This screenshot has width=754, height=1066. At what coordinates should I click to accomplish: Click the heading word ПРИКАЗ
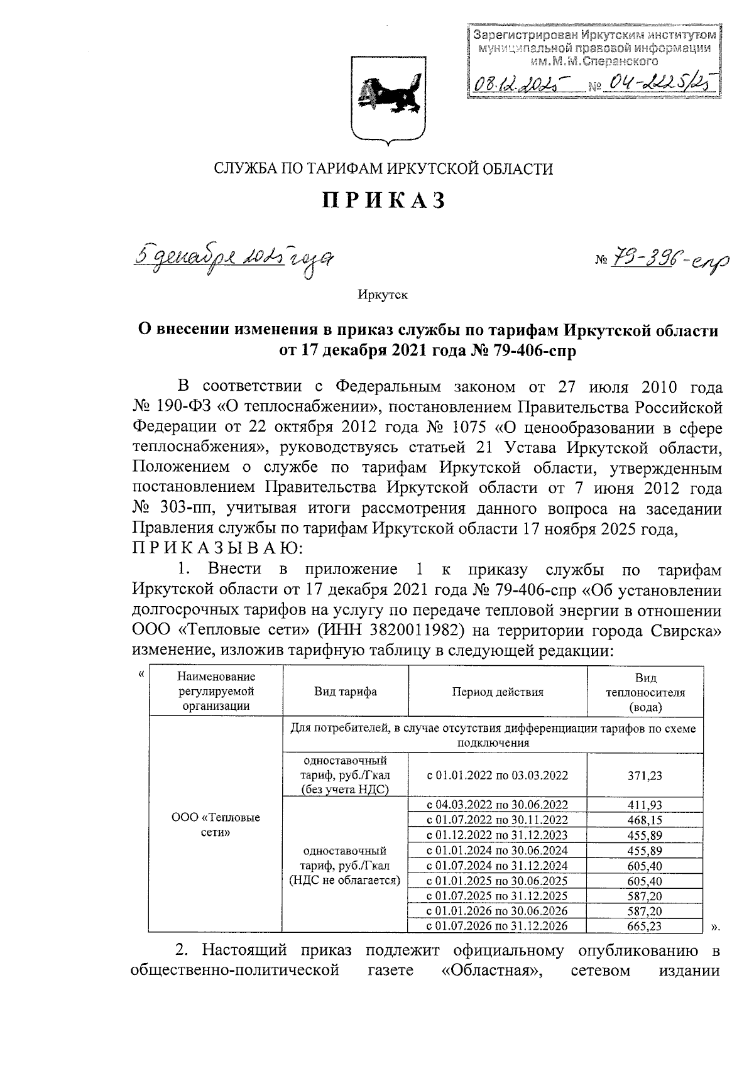pyautogui.click(x=385, y=200)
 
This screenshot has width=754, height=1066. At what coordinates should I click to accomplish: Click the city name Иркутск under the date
pyautogui.click(x=383, y=295)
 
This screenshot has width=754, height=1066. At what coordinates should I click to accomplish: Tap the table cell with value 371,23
pyautogui.click(x=645, y=776)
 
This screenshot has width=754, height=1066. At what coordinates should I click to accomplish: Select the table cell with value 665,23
pyautogui.click(x=645, y=926)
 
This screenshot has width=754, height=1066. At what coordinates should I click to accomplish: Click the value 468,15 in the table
pyautogui.click(x=645, y=820)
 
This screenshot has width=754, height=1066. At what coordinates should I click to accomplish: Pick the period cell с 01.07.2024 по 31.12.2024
pyautogui.click(x=497, y=866)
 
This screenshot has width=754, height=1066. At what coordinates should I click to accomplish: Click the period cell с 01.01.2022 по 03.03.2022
pyautogui.click(x=497, y=776)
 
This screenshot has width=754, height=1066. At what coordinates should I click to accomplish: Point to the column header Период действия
pyautogui.click(x=497, y=692)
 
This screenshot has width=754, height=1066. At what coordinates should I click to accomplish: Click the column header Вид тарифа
pyautogui.click(x=346, y=692)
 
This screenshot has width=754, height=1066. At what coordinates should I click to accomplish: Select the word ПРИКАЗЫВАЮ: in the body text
pyautogui.click(x=217, y=548)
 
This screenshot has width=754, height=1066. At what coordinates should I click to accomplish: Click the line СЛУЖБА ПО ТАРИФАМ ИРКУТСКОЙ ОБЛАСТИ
pyautogui.click(x=384, y=169)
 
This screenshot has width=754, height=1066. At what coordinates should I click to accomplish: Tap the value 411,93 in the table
pyautogui.click(x=645, y=805)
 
